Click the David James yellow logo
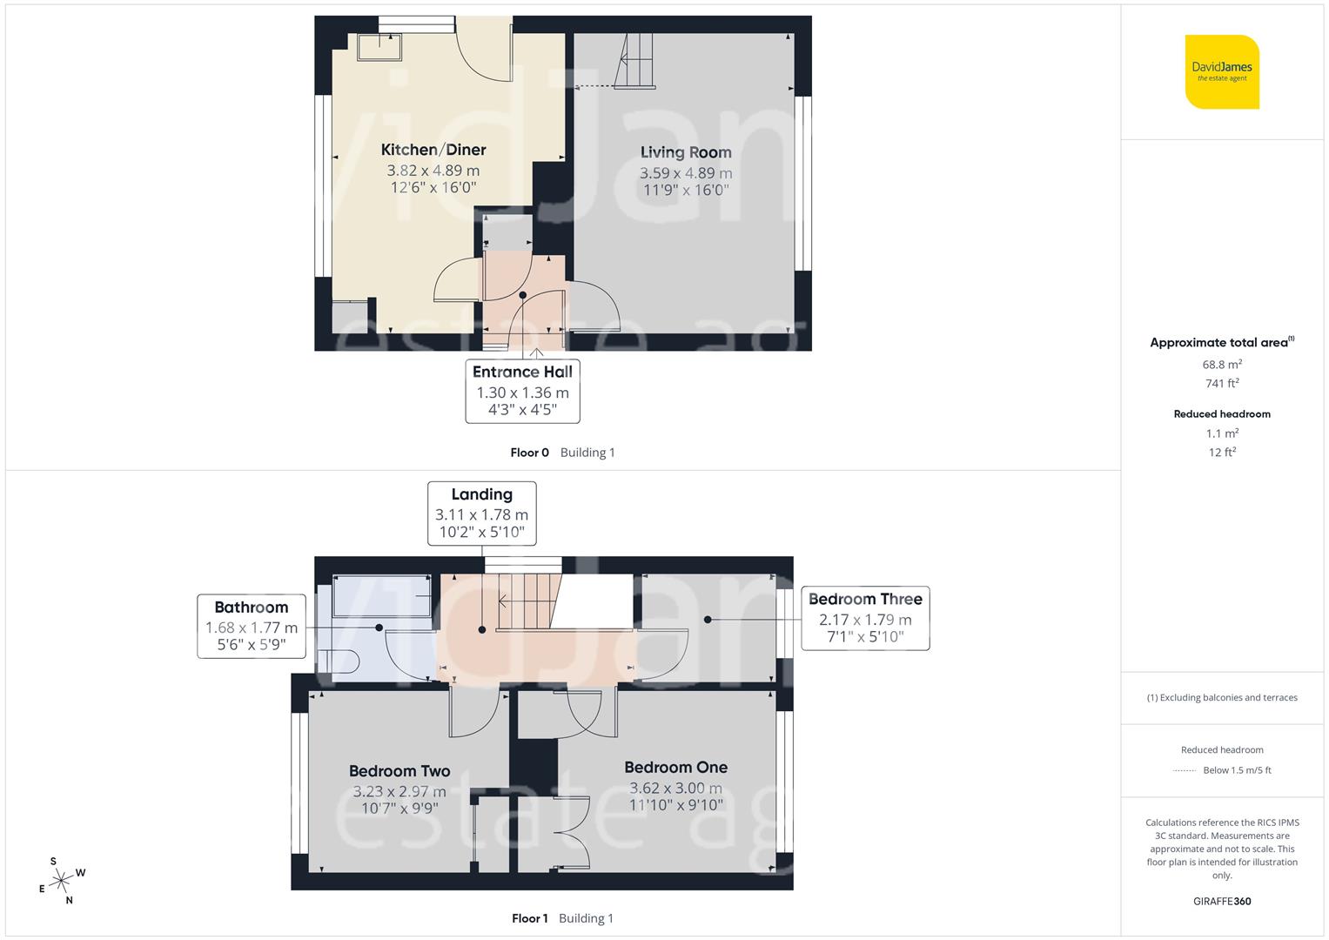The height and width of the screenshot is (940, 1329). click(x=1222, y=71)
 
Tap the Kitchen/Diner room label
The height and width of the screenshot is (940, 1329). click(x=433, y=151)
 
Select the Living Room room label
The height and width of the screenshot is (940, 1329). click(x=686, y=153)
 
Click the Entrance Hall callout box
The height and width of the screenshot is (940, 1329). click(x=522, y=391)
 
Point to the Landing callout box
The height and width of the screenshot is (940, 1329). click(x=481, y=514)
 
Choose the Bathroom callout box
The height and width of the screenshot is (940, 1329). click(x=251, y=626)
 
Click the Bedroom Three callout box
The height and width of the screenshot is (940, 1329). click(x=865, y=618)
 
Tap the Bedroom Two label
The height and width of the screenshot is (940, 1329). click(x=399, y=771)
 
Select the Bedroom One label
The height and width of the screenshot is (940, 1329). click(x=675, y=768)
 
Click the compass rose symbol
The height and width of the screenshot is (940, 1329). click(x=61, y=881)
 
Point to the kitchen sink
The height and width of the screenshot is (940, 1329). click(x=379, y=48)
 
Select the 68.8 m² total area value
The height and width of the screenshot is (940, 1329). click(x=1222, y=365)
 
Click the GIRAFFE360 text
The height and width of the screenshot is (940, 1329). click(x=1222, y=901)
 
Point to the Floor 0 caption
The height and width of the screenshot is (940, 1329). click(x=529, y=453)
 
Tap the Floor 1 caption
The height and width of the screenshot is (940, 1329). click(x=529, y=918)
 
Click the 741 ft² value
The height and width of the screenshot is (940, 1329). click(x=1222, y=383)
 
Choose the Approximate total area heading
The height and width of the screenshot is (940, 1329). click(x=1221, y=343)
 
